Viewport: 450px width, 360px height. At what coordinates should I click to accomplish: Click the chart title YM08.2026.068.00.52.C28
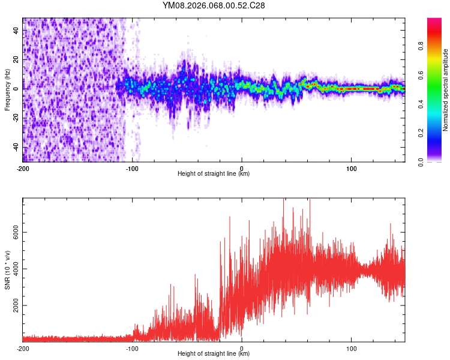[214, 5]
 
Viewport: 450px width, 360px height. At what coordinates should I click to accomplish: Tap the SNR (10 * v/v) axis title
[7, 269]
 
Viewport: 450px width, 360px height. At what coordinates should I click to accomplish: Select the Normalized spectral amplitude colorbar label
[446, 89]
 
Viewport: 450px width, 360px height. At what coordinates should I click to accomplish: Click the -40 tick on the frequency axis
[16, 147]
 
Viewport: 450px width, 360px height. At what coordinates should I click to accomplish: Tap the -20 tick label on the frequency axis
[16, 118]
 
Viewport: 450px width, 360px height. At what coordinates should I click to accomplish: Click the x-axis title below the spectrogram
[214, 174]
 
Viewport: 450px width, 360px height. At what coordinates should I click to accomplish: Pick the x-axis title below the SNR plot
[214, 354]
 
